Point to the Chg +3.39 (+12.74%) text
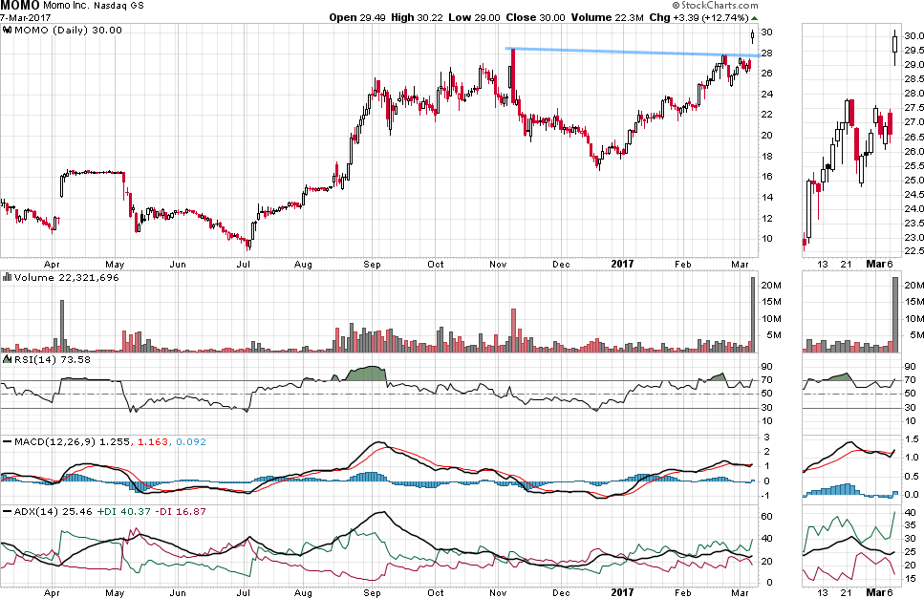706,17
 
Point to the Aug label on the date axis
304,263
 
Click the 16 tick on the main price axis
766,176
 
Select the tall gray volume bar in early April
62,326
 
